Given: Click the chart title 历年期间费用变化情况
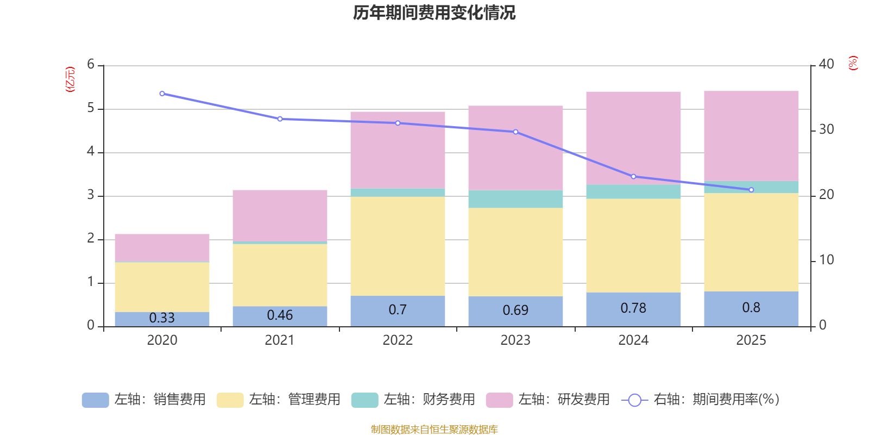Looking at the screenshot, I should click(434, 13).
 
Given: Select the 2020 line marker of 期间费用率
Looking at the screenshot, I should click(162, 94).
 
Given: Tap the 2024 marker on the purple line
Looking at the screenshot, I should click(633, 177).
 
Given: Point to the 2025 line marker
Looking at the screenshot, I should click(751, 190).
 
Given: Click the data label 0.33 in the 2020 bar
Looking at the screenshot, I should click(162, 318).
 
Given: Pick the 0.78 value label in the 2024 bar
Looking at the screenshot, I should click(633, 308).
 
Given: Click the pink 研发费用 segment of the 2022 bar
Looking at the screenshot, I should click(398, 150).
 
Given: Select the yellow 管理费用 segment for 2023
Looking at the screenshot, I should click(515, 252).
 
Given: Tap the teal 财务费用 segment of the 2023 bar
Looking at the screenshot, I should click(515, 199).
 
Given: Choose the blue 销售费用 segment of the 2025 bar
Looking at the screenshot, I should click(751, 309).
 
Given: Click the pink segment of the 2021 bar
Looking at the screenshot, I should click(280, 215).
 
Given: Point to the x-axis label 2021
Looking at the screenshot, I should click(280, 340).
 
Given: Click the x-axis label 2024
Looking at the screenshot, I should click(633, 340).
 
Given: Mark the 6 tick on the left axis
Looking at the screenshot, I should click(91, 65).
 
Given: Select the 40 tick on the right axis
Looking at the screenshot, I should click(826, 64).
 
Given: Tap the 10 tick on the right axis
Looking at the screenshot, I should click(826, 260).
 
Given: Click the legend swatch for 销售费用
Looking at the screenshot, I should click(95, 400).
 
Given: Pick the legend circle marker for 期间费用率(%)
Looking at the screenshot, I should click(634, 400).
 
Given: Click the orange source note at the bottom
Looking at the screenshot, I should click(434, 430).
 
